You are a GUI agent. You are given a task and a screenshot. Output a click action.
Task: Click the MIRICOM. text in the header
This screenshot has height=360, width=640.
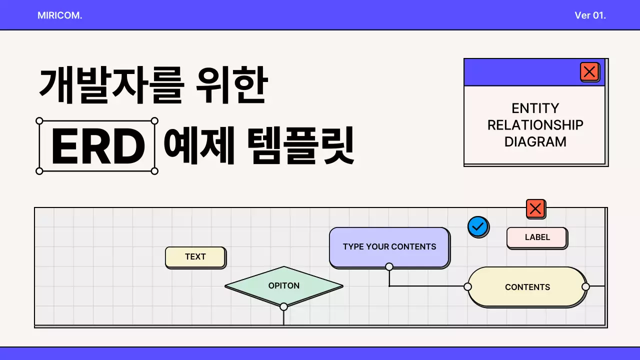(x=59, y=15)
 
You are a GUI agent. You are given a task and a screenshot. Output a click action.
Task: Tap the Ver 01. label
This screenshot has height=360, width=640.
(x=590, y=15)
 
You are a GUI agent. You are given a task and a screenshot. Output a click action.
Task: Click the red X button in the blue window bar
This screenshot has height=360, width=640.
(x=589, y=72)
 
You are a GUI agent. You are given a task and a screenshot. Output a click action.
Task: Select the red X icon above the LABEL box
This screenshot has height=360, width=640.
(x=535, y=208)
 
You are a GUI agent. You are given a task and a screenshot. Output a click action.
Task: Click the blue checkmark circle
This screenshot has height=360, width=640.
(x=478, y=226)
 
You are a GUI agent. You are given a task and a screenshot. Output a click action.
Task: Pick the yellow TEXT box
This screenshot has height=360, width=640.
(x=195, y=257)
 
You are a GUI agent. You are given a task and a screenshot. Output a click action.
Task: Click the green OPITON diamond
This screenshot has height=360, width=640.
(x=284, y=286)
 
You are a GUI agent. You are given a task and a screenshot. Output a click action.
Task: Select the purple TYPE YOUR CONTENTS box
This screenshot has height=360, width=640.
(x=389, y=247)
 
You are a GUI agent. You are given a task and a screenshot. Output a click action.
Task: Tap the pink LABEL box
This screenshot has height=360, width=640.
(x=537, y=237)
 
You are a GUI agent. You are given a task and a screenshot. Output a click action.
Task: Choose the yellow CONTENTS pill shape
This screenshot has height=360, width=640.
(x=527, y=287)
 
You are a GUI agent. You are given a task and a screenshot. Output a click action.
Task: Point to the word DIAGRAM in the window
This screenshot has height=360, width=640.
(x=535, y=142)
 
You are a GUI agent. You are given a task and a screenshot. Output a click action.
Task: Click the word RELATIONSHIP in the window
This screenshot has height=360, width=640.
(x=535, y=125)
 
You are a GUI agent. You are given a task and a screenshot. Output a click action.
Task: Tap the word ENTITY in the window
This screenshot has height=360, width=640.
(x=535, y=108)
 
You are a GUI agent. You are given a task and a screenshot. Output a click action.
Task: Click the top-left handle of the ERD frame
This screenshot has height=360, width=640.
(x=39, y=120)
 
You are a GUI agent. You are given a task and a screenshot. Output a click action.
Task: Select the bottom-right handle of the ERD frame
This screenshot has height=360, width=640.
(x=154, y=171)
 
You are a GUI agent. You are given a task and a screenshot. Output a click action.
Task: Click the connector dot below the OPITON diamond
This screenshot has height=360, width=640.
(x=283, y=306)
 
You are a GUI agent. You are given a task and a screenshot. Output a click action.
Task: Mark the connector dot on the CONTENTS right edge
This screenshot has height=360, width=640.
(x=585, y=286)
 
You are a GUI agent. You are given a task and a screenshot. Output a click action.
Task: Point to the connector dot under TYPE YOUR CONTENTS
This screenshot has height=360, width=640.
(x=389, y=266)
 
